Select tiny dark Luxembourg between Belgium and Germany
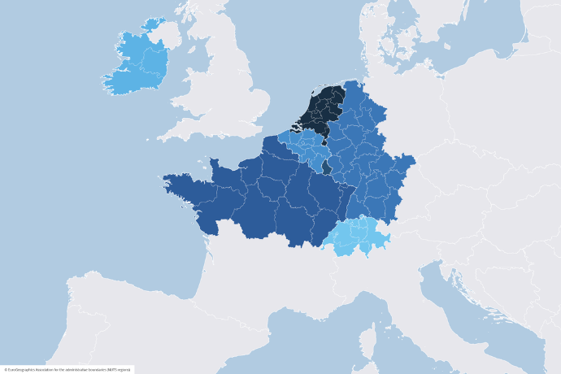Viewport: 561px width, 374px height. [327, 167]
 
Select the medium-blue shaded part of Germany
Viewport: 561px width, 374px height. [366, 154]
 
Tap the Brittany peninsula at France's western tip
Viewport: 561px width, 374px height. [183, 183]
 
